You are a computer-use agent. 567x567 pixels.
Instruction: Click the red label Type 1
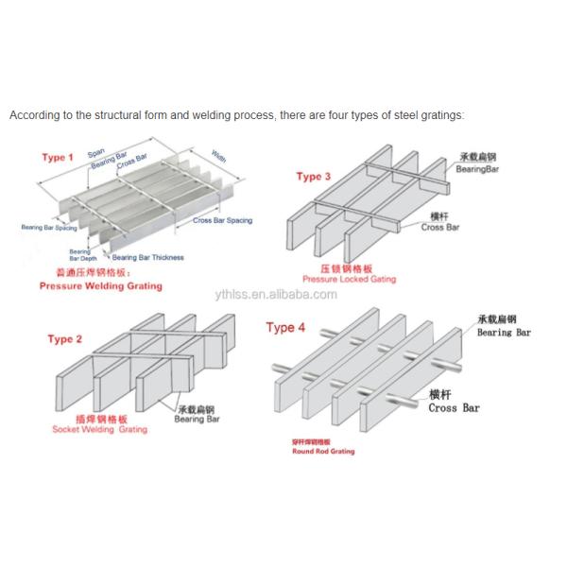point(58,157)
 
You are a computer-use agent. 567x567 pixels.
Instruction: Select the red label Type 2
point(64,339)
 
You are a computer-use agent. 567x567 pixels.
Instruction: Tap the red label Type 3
point(314,177)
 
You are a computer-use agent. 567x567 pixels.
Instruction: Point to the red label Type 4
point(286,328)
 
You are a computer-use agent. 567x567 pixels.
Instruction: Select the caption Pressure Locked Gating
point(349,280)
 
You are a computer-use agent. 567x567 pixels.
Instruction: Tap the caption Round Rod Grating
point(323,452)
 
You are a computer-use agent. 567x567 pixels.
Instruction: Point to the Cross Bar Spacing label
point(223,220)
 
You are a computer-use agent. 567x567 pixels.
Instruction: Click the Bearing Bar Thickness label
point(148,257)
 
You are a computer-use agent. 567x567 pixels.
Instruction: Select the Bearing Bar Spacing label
point(48,228)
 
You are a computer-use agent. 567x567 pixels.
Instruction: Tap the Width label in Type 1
point(217,156)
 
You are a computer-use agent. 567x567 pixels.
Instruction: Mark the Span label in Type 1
point(96,152)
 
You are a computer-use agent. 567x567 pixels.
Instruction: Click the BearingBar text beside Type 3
point(477,168)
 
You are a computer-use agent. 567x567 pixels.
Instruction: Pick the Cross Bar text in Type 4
point(454,408)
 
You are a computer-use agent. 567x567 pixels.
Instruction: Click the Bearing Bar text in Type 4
point(504,334)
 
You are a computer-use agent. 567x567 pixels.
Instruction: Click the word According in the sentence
point(32,115)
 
